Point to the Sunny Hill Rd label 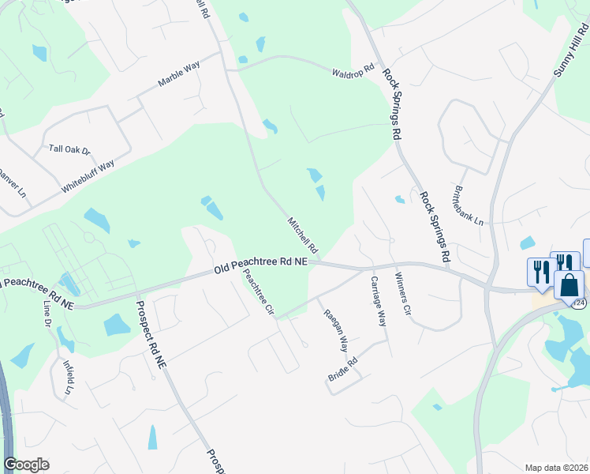tap(571, 49)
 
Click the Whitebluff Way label tap(88, 178)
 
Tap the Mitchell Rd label tap(302, 235)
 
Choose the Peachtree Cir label tap(258, 292)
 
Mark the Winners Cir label tap(402, 295)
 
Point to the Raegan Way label tap(336, 329)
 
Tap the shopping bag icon tap(569, 284)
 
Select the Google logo tap(26, 465)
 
